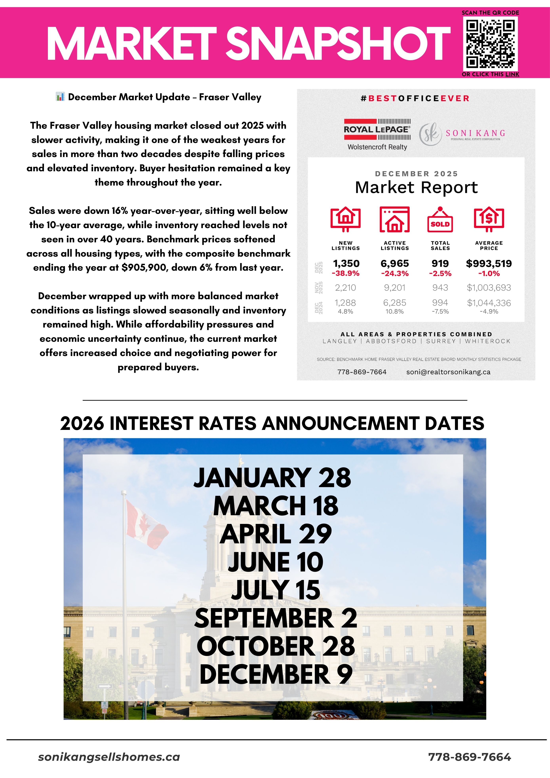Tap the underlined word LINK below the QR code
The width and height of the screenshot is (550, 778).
click(512, 74)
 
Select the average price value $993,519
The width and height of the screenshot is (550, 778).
click(489, 263)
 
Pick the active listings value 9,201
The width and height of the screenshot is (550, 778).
click(394, 288)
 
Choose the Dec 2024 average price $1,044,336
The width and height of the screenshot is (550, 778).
click(489, 303)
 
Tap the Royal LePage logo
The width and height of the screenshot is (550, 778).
click(377, 130)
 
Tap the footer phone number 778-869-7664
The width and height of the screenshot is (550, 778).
click(469, 757)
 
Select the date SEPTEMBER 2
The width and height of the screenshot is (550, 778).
click(276, 618)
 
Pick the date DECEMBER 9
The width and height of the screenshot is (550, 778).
click(276, 674)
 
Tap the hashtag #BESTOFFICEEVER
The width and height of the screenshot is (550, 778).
click(415, 98)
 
